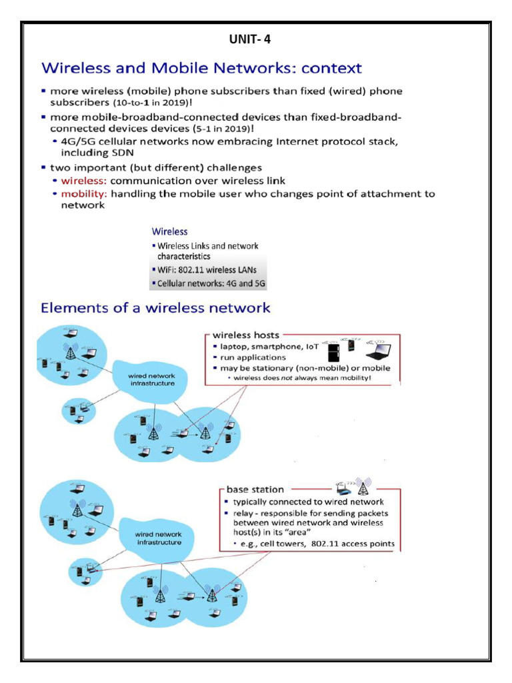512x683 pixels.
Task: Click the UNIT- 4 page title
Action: [249, 39]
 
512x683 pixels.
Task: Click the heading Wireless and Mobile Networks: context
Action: [201, 68]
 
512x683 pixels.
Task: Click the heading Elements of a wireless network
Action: [155, 308]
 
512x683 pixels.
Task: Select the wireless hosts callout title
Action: [246, 335]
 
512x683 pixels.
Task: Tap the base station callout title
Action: [255, 490]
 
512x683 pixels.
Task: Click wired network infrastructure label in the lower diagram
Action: [159, 538]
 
